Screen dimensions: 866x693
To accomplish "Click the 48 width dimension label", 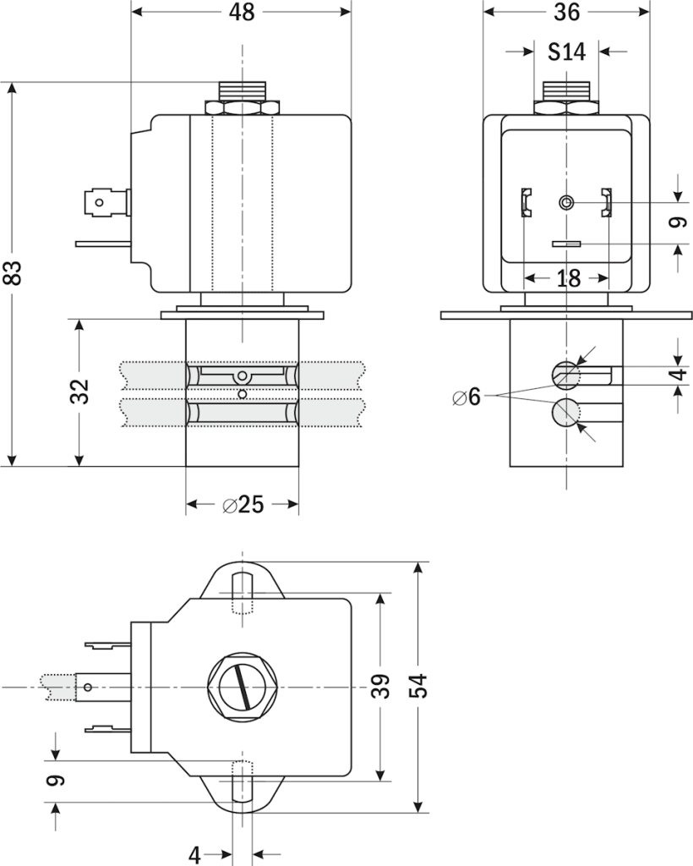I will pyautogui.click(x=241, y=12).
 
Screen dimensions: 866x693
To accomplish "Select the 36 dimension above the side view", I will pyautogui.click(x=566, y=12).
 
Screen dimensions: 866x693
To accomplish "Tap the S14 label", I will pyautogui.click(x=566, y=52).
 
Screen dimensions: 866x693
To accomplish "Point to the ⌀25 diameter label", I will pyautogui.click(x=243, y=505).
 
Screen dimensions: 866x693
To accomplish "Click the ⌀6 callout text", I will pyautogui.click(x=466, y=397).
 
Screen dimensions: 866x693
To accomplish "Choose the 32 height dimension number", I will pyautogui.click(x=80, y=392).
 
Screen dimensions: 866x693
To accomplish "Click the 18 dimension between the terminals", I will pyautogui.click(x=568, y=278).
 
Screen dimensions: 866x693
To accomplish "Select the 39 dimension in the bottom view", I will pyautogui.click(x=382, y=686).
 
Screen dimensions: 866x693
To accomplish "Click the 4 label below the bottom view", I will pyautogui.click(x=194, y=855).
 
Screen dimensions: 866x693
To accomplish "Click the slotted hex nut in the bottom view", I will pyautogui.click(x=242, y=687).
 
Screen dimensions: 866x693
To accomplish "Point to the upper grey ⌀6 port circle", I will pyautogui.click(x=565, y=373).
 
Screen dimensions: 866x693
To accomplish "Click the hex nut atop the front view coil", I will pyautogui.click(x=242, y=108).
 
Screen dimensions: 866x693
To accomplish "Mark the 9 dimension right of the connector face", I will pyautogui.click(x=675, y=222).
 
